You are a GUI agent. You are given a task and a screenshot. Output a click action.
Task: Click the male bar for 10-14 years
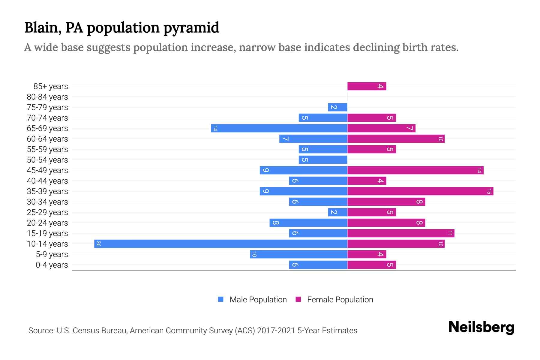coord(220,244)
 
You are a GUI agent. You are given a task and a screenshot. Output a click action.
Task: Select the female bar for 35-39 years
coord(420,191)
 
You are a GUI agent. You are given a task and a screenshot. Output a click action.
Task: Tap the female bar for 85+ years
coord(367,86)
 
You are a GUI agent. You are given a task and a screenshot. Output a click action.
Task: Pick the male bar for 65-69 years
coord(279,128)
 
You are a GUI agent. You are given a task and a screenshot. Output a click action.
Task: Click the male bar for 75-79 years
coord(337,107)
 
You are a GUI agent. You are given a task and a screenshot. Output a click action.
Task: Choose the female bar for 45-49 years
coord(415,170)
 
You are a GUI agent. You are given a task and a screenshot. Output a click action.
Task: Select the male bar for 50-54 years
coord(323,160)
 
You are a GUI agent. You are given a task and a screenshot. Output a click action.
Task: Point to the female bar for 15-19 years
coord(400,233)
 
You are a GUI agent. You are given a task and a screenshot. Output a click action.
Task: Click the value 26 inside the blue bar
coord(98,244)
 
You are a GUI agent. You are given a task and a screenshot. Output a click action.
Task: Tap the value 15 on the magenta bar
coord(489,191)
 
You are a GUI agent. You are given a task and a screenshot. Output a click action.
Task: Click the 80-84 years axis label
coord(47,97)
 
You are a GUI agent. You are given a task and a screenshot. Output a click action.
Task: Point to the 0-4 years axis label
coord(52,265)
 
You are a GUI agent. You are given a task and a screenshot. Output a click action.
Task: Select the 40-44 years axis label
coord(47,181)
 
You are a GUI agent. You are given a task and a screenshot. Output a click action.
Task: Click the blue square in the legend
coord(221,299)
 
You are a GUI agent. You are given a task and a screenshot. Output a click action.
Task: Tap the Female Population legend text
coord(340,299)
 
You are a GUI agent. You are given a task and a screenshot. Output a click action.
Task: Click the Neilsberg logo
coord(481,327)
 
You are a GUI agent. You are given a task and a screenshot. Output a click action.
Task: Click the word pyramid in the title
coord(191,28)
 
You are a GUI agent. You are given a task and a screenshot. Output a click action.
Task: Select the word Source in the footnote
coord(41,331)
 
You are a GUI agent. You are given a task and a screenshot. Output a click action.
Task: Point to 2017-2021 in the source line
coord(276,331)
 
